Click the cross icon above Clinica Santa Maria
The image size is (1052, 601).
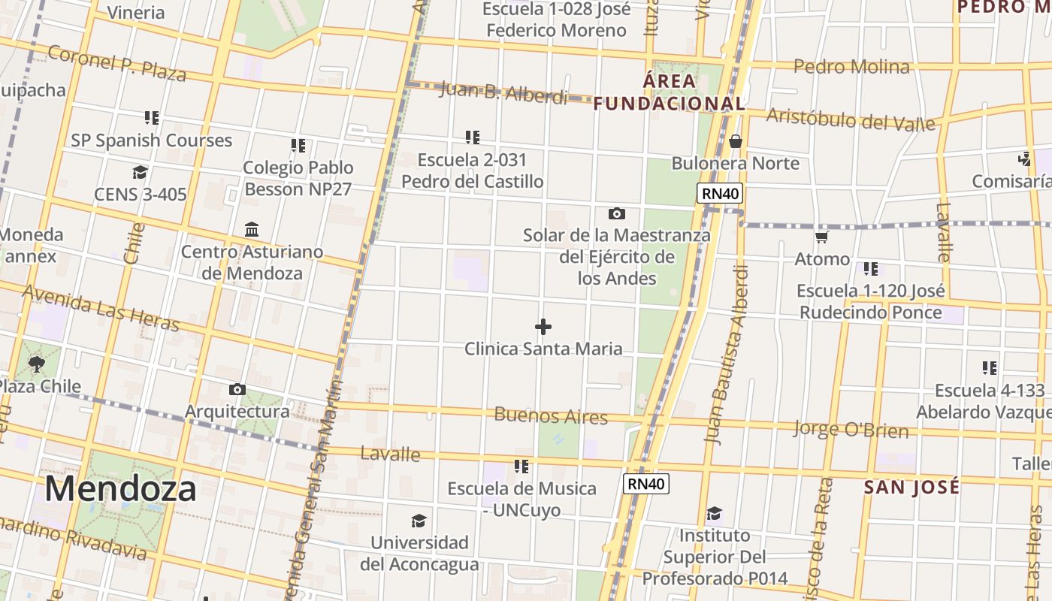click(x=543, y=327)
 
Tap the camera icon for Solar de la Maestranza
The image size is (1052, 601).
click(x=617, y=214)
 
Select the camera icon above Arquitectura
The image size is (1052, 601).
click(x=237, y=389)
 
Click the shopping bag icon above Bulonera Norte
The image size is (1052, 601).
click(x=736, y=141)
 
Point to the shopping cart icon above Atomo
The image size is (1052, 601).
click(x=821, y=237)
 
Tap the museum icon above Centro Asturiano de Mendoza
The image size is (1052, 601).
click(x=252, y=229)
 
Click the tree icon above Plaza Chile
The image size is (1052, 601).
click(x=36, y=365)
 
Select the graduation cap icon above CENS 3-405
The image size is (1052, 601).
click(x=140, y=173)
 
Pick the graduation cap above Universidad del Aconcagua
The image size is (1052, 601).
click(x=419, y=521)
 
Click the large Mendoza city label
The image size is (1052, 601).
click(x=120, y=489)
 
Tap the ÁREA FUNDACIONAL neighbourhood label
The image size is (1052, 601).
click(x=670, y=92)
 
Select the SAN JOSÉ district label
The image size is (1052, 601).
click(x=911, y=487)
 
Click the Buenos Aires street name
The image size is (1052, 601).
click(x=550, y=415)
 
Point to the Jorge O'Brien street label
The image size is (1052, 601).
click(x=851, y=430)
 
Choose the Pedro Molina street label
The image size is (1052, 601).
click(x=851, y=67)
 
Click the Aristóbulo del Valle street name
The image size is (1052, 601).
click(x=851, y=119)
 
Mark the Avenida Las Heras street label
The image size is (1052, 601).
click(x=101, y=307)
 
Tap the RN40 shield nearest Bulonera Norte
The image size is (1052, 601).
click(x=720, y=194)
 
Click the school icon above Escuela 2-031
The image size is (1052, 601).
click(x=472, y=137)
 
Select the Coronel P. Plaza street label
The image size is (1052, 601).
click(x=116, y=63)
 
